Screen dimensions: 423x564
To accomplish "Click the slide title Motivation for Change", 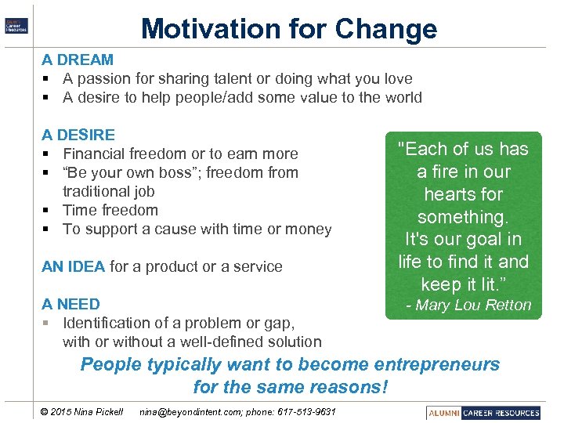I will click(288, 29).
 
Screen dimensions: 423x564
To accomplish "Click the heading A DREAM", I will click(78, 60).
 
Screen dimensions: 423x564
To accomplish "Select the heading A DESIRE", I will click(78, 135).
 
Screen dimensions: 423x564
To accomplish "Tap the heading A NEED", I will click(70, 304).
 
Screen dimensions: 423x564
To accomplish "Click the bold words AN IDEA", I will click(73, 266).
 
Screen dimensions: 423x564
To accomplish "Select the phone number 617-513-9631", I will click(308, 412).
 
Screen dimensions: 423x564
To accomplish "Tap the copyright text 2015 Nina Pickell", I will click(86, 412).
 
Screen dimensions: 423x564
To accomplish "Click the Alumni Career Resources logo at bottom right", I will click(484, 412).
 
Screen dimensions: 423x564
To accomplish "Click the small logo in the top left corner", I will click(16, 25).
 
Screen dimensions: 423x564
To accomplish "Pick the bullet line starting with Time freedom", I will click(110, 210).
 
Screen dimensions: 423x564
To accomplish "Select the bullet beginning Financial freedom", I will click(180, 154).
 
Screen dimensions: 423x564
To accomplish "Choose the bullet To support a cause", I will click(197, 229).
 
